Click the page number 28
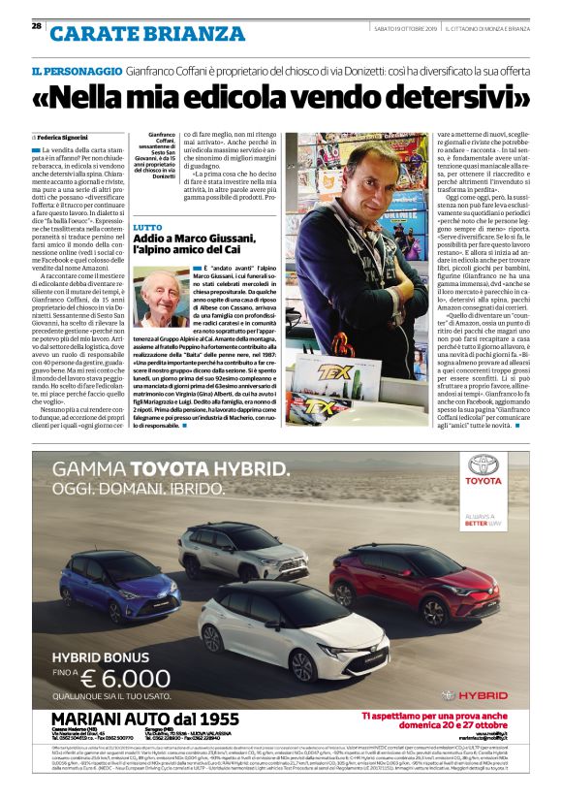pos(36,26)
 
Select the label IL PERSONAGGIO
pos(76,72)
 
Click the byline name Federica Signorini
pos(68,138)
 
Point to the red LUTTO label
pos(147,226)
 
